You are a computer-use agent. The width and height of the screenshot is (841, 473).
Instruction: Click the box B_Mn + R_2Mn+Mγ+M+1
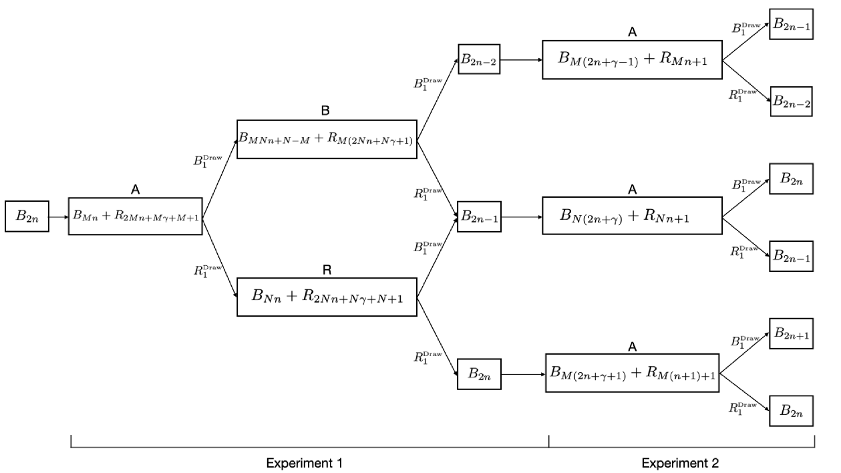pyautogui.click(x=136, y=216)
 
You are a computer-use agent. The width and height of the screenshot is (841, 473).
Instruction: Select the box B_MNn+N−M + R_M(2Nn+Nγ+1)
pyautogui.click(x=327, y=139)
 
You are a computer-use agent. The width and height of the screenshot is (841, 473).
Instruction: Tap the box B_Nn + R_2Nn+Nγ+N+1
pyautogui.click(x=327, y=296)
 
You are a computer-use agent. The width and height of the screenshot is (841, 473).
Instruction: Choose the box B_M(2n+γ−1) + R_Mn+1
pyautogui.click(x=631, y=59)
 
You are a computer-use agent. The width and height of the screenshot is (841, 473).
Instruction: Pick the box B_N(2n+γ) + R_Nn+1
pyautogui.click(x=631, y=215)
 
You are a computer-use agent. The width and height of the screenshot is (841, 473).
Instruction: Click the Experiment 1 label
pyautogui.click(x=307, y=462)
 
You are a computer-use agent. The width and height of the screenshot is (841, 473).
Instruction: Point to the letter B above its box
pyautogui.click(x=327, y=111)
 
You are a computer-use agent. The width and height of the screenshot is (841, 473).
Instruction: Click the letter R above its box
pyautogui.click(x=327, y=269)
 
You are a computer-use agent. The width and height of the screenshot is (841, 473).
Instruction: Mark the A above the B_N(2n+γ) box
pyautogui.click(x=631, y=190)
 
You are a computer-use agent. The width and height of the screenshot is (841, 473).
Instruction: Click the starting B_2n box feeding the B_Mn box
pyautogui.click(x=27, y=216)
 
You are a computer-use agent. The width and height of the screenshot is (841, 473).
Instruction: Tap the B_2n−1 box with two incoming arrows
pyautogui.click(x=478, y=216)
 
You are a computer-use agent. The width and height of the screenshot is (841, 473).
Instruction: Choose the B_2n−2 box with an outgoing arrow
pyautogui.click(x=478, y=59)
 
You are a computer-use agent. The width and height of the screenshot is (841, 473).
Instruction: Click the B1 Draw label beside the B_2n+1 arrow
pyautogui.click(x=746, y=341)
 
